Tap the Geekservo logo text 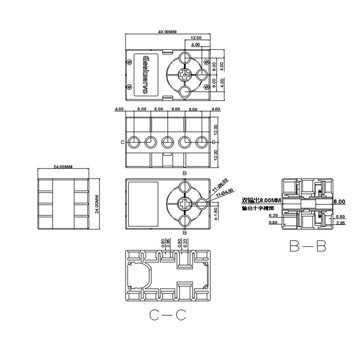click(x=145, y=75)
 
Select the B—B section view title click(x=308, y=246)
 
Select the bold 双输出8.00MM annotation click(x=261, y=201)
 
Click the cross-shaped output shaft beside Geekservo click(x=184, y=75)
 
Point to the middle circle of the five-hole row click(x=167, y=142)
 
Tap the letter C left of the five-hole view click(x=123, y=142)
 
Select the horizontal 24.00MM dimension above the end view click(x=63, y=167)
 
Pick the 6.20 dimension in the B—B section click(x=273, y=216)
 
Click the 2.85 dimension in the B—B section click(x=340, y=223)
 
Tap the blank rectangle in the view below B click(x=143, y=204)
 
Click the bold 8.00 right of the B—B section click(x=339, y=202)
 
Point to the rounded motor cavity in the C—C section click(x=139, y=275)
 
